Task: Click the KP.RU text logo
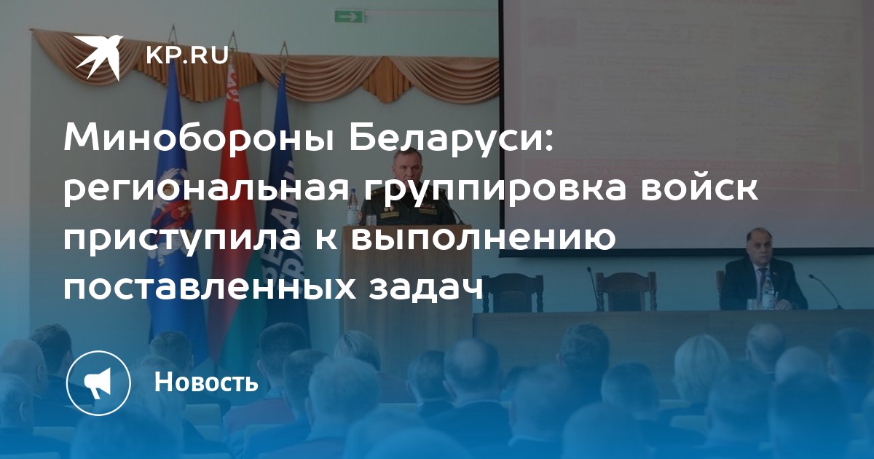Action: [188, 55]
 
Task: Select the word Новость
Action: [206, 382]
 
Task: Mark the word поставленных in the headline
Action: [210, 287]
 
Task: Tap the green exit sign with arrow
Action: [349, 16]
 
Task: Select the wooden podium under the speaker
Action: [407, 282]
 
